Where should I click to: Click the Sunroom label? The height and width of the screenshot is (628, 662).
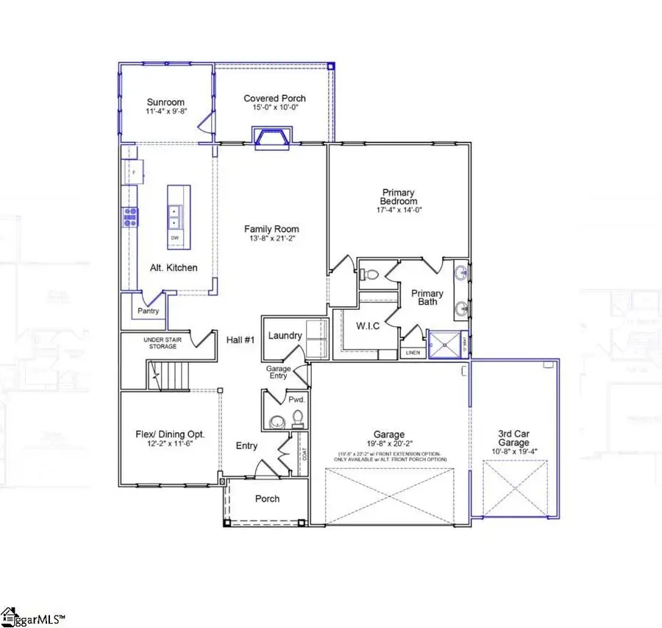coord(165,102)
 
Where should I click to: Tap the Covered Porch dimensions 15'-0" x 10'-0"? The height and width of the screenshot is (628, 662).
coord(274,107)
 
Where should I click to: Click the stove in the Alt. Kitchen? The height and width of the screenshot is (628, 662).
coord(131,215)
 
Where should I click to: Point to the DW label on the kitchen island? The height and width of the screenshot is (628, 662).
coord(175,238)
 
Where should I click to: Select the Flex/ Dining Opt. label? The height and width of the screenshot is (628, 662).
coord(171,434)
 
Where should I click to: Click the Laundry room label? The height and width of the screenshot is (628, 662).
coord(285,336)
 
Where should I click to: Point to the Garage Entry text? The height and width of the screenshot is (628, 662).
coord(279,372)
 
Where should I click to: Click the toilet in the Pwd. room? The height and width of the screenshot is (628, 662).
coord(298,419)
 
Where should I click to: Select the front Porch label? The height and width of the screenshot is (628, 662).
coord(267,498)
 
